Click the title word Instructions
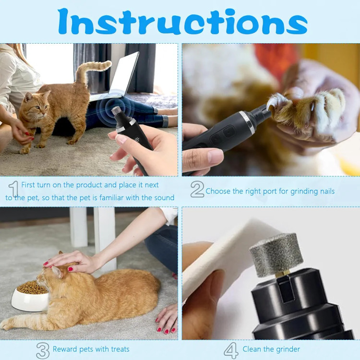(182, 22)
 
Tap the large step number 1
(14, 189)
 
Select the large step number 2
(197, 189)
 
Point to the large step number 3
(43, 350)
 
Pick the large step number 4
(231, 350)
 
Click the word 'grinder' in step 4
(288, 349)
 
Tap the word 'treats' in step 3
(120, 349)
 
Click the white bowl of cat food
(30, 296)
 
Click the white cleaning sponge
(228, 257)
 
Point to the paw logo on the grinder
(137, 139)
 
